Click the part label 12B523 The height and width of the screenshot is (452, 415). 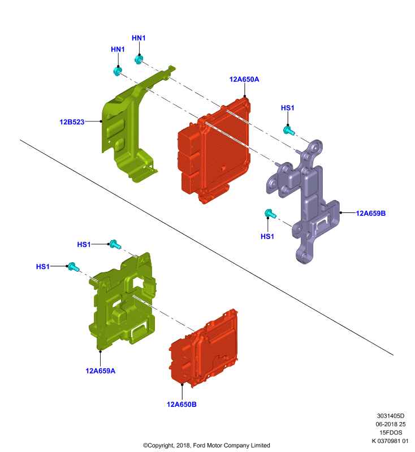[72, 122]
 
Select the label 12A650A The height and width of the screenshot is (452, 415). [244, 79]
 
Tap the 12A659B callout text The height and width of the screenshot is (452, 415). [370, 214]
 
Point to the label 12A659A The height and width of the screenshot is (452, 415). [101, 371]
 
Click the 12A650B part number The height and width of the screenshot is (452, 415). [181, 404]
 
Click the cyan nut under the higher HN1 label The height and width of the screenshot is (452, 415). [139, 60]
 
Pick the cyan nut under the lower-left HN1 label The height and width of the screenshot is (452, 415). [118, 71]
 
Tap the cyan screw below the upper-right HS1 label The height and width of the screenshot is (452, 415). [288, 131]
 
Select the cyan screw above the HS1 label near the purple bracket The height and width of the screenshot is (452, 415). [270, 214]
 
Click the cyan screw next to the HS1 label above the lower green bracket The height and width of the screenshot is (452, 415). [115, 245]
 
